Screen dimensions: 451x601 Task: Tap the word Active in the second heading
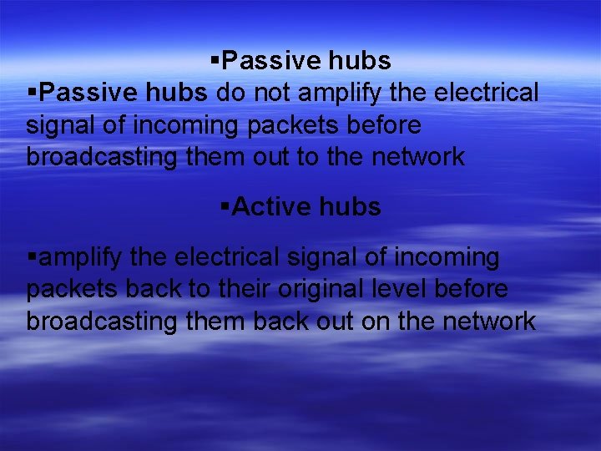pos(271,206)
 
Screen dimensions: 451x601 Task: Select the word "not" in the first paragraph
pos(275,92)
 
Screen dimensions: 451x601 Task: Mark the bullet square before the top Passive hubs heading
pos(215,60)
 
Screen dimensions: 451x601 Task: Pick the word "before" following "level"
pos(471,289)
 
